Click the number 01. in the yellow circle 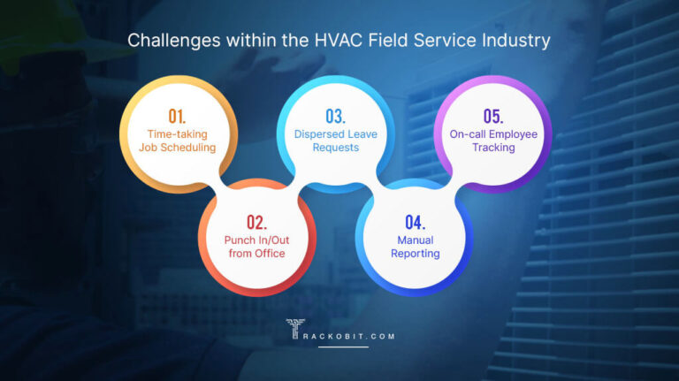click(177, 116)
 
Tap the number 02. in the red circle click(257, 221)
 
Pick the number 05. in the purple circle click(492, 116)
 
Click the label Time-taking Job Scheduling click(177, 141)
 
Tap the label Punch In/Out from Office click(256, 247)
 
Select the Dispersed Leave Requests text click(335, 141)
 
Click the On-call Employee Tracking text click(492, 141)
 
